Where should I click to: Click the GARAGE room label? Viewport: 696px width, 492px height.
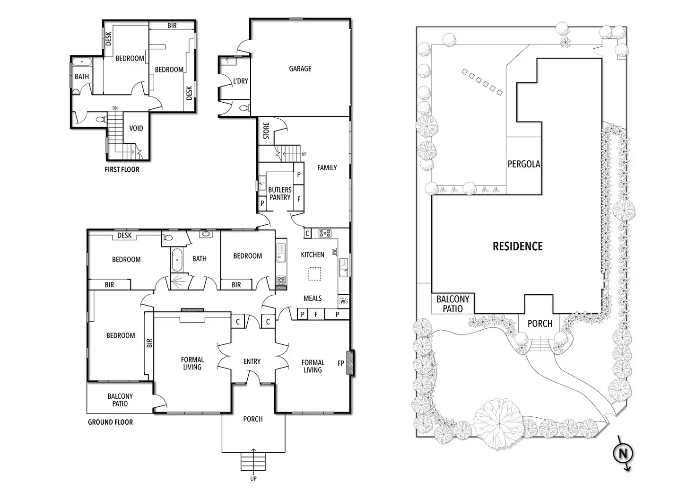300,69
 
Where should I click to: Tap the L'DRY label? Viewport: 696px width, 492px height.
240,81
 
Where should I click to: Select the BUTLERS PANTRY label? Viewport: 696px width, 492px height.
280,193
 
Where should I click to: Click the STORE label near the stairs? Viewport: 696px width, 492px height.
266,131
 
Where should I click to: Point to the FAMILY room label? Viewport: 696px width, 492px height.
327,167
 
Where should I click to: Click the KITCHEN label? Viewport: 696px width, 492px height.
313,255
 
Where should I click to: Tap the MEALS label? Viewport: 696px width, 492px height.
313,298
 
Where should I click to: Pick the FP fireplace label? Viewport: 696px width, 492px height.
340,363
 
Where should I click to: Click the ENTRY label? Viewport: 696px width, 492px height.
252,361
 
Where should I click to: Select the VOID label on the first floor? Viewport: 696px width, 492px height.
136,128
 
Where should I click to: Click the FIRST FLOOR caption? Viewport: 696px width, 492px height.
122,169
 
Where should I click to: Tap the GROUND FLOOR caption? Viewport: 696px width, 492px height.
110,422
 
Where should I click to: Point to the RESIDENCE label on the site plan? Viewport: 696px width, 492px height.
517,246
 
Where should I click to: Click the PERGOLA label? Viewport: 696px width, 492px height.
523,164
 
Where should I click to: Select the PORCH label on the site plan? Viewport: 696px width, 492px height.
539,324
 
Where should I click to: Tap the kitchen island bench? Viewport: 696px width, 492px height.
314,274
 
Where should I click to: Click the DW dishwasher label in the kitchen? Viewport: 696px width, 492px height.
335,252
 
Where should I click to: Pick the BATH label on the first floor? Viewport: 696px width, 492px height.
82,76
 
